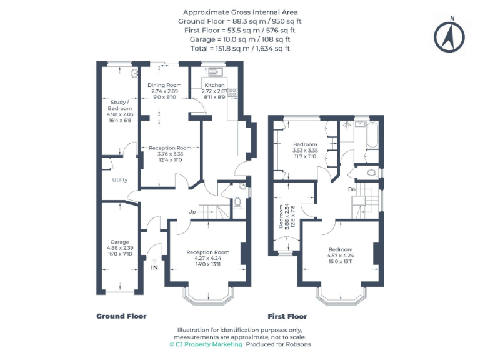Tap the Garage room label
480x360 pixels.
[120, 242]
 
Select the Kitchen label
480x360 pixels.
[215, 85]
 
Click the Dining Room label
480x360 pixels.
[164, 85]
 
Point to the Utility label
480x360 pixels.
[120, 180]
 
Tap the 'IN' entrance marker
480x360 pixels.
[154, 267]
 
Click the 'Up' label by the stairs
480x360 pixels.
[192, 212]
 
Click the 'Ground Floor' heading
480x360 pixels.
[121, 316]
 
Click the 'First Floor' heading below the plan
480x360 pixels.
[287, 316]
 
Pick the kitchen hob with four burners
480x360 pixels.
[232, 92]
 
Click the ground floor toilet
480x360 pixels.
[237, 202]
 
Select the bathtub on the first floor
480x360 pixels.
[371, 135]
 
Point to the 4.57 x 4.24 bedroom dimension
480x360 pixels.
[340, 256]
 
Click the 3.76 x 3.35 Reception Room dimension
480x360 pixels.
[170, 154]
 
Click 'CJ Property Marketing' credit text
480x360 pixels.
[206, 344]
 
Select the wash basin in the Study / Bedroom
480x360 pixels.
[135, 73]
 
